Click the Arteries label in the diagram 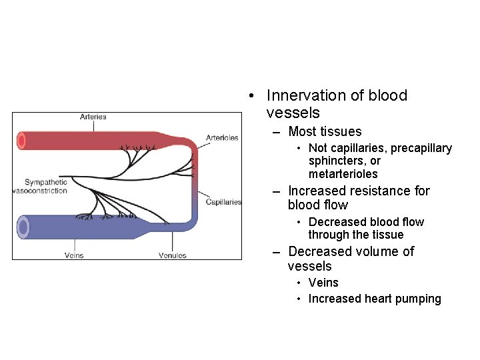point(93,117)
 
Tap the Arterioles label point(222,138)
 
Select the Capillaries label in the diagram point(223,202)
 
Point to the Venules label point(173,255)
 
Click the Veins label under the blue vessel point(74,255)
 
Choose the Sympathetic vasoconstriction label point(41,187)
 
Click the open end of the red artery point(21,141)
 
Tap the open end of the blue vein point(23,227)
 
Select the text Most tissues point(325,132)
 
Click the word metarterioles point(343,174)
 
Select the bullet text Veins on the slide point(323,283)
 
